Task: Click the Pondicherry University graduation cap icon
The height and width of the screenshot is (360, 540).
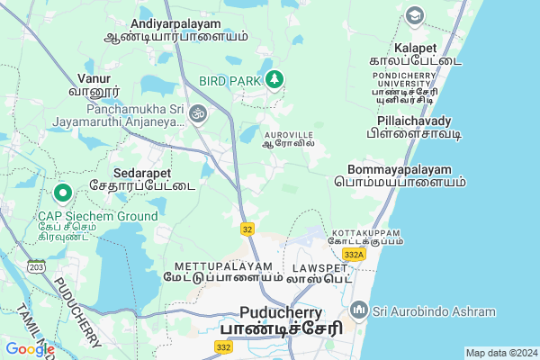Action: tap(414, 15)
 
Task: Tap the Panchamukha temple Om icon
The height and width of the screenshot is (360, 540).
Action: tap(198, 113)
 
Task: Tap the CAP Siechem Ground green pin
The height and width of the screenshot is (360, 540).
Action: tap(63, 193)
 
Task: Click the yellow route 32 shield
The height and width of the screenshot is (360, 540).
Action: tap(247, 229)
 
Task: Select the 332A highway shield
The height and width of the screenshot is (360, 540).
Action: tap(354, 256)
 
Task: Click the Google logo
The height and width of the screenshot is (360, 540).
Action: tap(30, 348)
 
